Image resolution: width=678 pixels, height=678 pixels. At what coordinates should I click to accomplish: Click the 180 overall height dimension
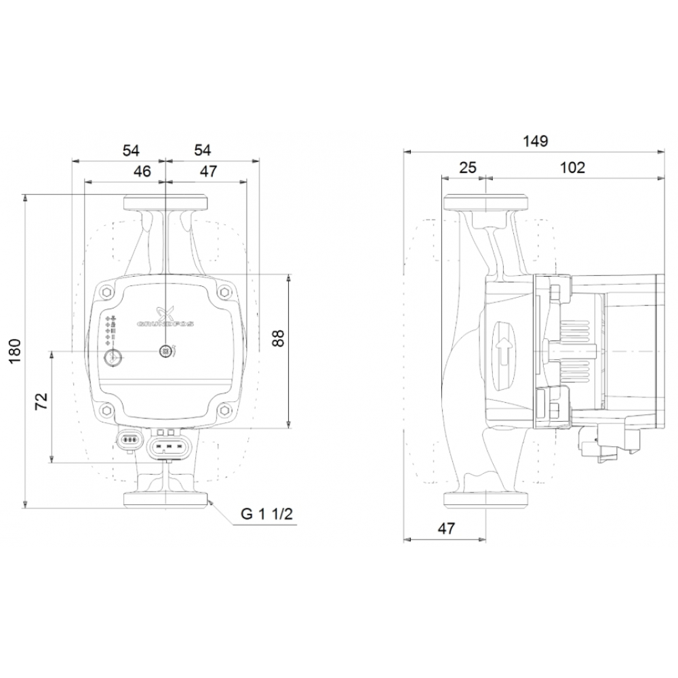point(16,351)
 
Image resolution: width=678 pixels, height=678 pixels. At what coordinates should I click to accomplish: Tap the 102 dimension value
point(573,167)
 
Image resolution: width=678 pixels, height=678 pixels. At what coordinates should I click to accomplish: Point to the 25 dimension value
point(468,167)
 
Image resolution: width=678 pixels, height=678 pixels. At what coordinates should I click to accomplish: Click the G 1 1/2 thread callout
point(267,515)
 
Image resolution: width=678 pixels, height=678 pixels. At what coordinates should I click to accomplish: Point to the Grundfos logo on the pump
point(165,317)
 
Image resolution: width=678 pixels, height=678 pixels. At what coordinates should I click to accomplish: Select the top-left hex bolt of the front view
point(106,292)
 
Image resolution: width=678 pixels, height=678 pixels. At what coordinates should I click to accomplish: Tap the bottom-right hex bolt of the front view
point(224,410)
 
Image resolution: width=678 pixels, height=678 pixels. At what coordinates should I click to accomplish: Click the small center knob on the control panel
point(164,351)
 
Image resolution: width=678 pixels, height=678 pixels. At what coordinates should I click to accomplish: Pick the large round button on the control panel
point(112,357)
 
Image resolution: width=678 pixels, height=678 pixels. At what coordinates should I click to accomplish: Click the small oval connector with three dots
point(128,439)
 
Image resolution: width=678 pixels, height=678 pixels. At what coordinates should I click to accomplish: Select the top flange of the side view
point(485,203)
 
